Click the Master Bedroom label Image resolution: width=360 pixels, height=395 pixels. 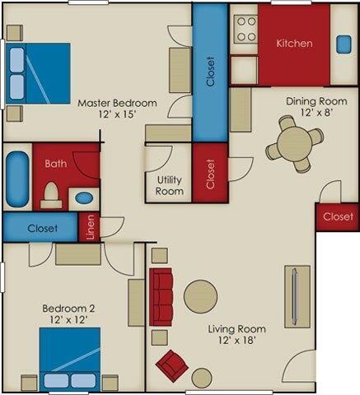tap(117, 104)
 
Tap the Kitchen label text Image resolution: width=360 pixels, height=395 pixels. tap(293, 43)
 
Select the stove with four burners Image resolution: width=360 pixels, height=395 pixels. tap(245, 30)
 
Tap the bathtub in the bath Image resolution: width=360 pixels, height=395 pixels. tap(17, 178)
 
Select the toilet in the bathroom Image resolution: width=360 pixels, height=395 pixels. tap(50, 194)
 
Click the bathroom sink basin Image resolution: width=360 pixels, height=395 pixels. tap(84, 197)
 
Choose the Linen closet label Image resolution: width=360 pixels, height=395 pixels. tap(91, 228)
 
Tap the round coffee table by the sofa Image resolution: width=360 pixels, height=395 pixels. tap(200, 296)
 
